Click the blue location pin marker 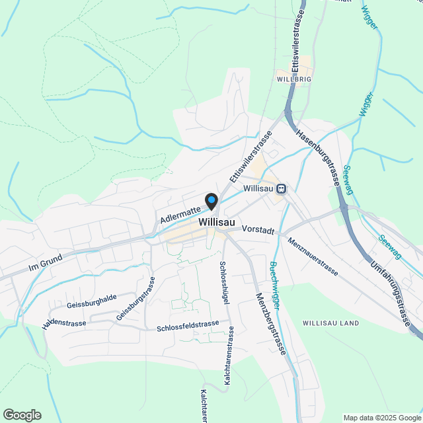pyautogui.click(x=211, y=200)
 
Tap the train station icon pyautogui.click(x=282, y=189)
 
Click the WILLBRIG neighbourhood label pyautogui.click(x=294, y=79)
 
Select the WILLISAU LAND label pyautogui.click(x=330, y=323)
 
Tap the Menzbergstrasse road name pyautogui.click(x=272, y=324)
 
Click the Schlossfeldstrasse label pyautogui.click(x=188, y=325)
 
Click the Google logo pyautogui.click(x=22, y=415)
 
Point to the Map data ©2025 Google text pyautogui.click(x=381, y=418)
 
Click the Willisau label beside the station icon pyautogui.click(x=258, y=188)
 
